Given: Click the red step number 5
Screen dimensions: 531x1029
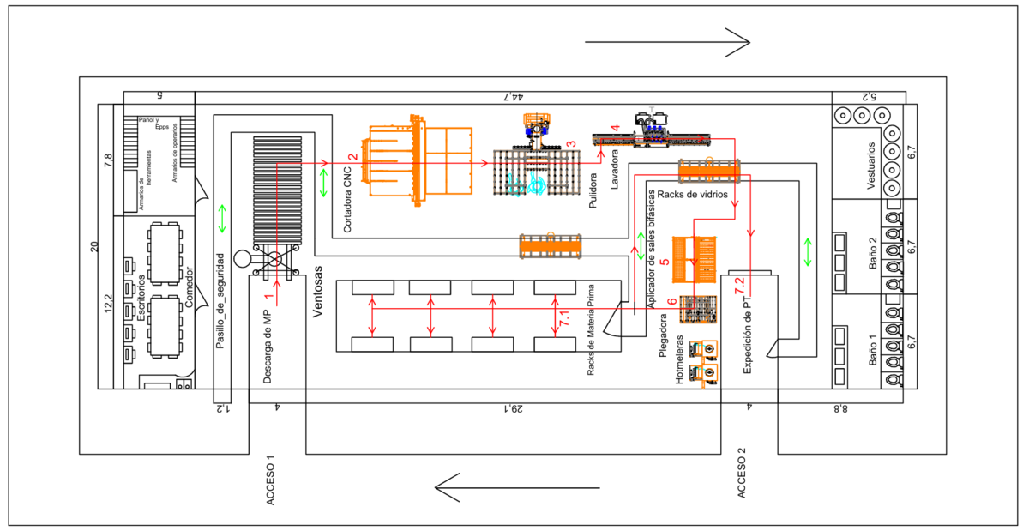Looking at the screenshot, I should (x=665, y=261).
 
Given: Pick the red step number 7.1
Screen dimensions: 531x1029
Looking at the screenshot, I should (x=563, y=317).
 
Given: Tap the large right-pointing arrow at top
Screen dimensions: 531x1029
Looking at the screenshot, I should (x=667, y=41).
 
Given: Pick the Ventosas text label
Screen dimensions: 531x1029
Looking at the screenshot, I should (x=318, y=293).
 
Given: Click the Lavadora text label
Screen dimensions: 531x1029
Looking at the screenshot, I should (x=614, y=172).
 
